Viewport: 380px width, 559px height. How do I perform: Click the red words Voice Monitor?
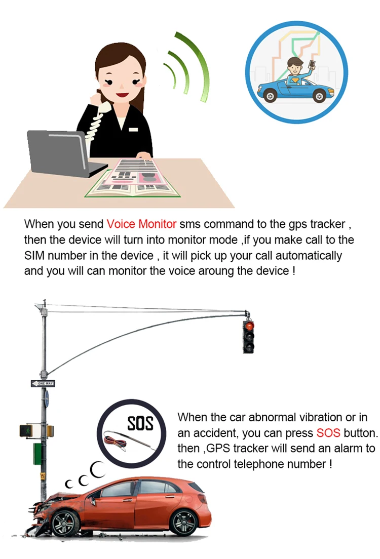point(141,224)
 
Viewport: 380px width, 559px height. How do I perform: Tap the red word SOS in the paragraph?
point(328,433)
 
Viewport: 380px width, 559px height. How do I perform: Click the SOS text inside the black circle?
point(140,423)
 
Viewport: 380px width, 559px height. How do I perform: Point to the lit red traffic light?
point(249,326)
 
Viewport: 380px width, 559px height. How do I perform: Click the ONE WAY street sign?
point(43,384)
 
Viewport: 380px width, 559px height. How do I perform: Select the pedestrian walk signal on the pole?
point(26,431)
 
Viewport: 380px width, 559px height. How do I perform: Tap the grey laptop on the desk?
point(64,153)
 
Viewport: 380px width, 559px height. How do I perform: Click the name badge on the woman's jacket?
point(133,129)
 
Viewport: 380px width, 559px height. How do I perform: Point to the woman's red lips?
point(122,95)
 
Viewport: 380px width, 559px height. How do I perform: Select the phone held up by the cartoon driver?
point(312,65)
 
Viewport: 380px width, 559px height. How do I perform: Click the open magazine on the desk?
point(133,178)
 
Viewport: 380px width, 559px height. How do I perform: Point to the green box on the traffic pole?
point(37,454)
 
